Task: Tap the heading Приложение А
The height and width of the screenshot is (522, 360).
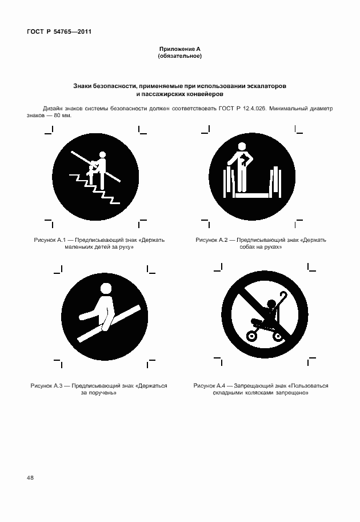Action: coord(179,50)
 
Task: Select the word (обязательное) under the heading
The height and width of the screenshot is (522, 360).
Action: coord(179,57)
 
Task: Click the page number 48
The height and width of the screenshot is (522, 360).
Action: coord(30,477)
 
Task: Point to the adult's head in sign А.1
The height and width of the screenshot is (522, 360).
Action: coord(103,154)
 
